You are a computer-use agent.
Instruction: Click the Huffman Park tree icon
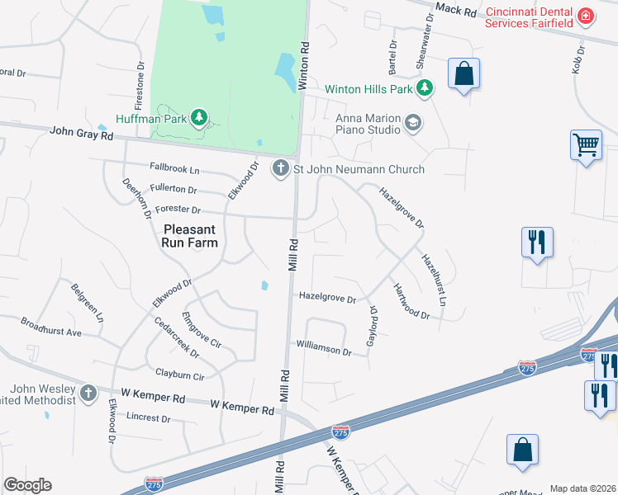pyautogui.click(x=198, y=118)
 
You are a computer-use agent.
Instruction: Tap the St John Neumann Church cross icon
pyautogui.click(x=281, y=168)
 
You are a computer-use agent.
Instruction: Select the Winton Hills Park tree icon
pyautogui.click(x=425, y=87)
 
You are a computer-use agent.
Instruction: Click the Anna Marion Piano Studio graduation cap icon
pyautogui.click(x=413, y=124)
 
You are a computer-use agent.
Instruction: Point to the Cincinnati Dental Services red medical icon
pyautogui.click(x=586, y=16)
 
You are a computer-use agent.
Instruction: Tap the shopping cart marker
pyautogui.click(x=586, y=145)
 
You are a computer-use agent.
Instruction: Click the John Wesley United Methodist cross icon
pyautogui.click(x=88, y=392)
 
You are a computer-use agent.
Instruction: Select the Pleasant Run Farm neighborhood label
pyautogui.click(x=191, y=236)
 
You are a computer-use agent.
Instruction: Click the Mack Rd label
pyautogui.click(x=456, y=11)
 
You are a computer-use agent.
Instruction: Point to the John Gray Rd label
pyautogui.click(x=81, y=131)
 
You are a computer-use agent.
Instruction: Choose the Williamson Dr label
pyautogui.click(x=324, y=350)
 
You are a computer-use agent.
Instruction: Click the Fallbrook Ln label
pyautogui.click(x=174, y=169)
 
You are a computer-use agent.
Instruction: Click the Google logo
pyautogui.click(x=27, y=485)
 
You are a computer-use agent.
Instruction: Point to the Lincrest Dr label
pyautogui.click(x=148, y=418)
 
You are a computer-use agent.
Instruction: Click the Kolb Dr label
pyautogui.click(x=578, y=59)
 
